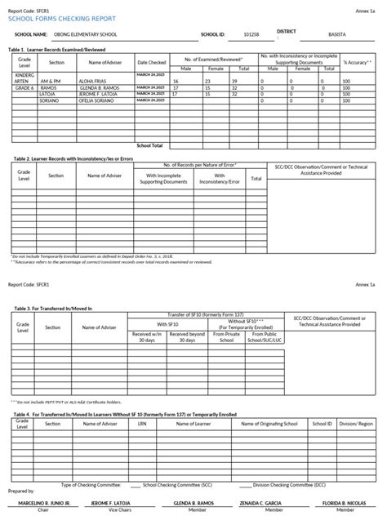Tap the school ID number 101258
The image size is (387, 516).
point(252,36)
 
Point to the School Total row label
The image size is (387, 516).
point(150,145)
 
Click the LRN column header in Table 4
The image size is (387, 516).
point(142,425)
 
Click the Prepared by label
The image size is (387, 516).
point(19,492)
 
